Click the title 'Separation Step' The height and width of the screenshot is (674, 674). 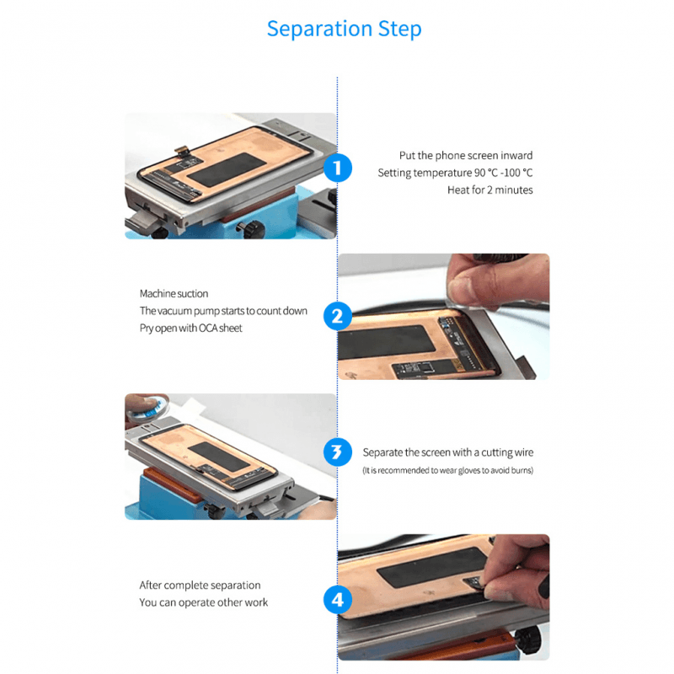344,29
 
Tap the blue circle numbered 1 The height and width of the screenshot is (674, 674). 337,168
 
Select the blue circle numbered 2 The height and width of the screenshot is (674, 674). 337,317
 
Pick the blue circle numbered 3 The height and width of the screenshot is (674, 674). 337,453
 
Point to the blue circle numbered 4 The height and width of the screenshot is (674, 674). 337,601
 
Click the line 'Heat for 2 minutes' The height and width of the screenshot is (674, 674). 489,190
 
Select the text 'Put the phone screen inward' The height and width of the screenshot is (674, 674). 466,155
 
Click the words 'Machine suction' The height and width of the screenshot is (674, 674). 169,293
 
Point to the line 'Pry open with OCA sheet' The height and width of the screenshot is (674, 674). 190,328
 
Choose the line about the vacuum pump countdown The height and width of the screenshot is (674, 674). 223,311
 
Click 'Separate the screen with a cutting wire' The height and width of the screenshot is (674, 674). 447,452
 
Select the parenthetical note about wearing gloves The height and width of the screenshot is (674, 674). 447,470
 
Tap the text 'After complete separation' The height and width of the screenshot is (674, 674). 200,585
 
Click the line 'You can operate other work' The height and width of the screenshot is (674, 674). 203,602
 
